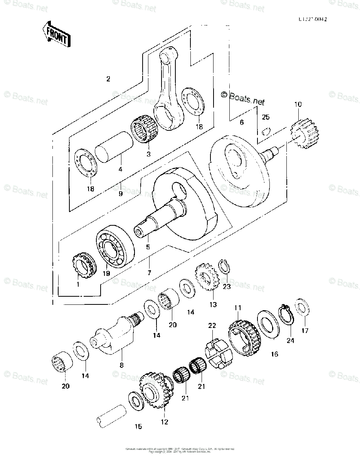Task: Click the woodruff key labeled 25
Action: [x=264, y=132]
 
